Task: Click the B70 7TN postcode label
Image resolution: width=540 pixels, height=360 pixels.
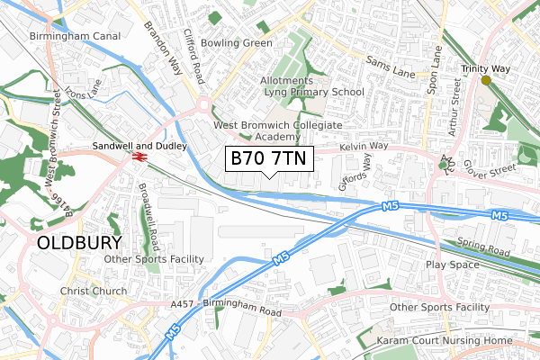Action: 268,158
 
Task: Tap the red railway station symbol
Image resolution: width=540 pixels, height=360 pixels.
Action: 139,157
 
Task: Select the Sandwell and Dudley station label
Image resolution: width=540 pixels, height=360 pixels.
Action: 139,145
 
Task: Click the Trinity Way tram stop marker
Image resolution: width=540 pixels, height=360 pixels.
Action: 486,80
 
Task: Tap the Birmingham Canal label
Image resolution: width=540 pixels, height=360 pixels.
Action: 75,37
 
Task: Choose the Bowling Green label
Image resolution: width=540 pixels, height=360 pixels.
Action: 237,42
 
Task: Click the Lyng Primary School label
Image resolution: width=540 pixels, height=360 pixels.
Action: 319,92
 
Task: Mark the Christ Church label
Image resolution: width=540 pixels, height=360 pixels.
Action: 94,292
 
